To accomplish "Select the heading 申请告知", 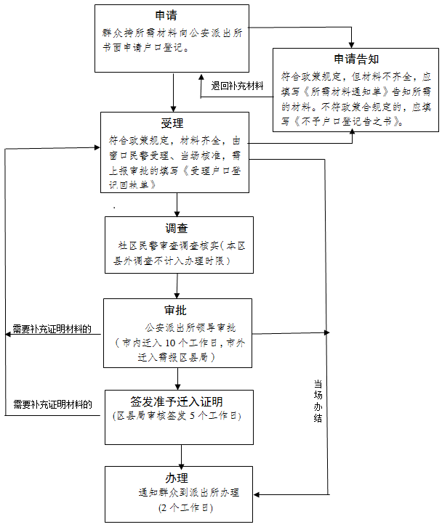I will [x=355, y=60].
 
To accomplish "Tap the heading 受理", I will [x=172, y=122].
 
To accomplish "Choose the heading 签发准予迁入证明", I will [x=177, y=401].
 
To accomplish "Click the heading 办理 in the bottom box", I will [x=177, y=478].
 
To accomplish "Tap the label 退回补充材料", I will [x=237, y=85].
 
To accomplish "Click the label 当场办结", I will [x=318, y=400].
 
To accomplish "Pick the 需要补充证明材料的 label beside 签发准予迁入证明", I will [x=52, y=404].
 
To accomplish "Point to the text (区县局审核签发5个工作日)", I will [x=177, y=416].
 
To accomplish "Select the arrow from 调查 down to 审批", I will [x=178, y=285].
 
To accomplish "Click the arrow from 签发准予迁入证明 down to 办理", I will [x=180, y=455].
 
